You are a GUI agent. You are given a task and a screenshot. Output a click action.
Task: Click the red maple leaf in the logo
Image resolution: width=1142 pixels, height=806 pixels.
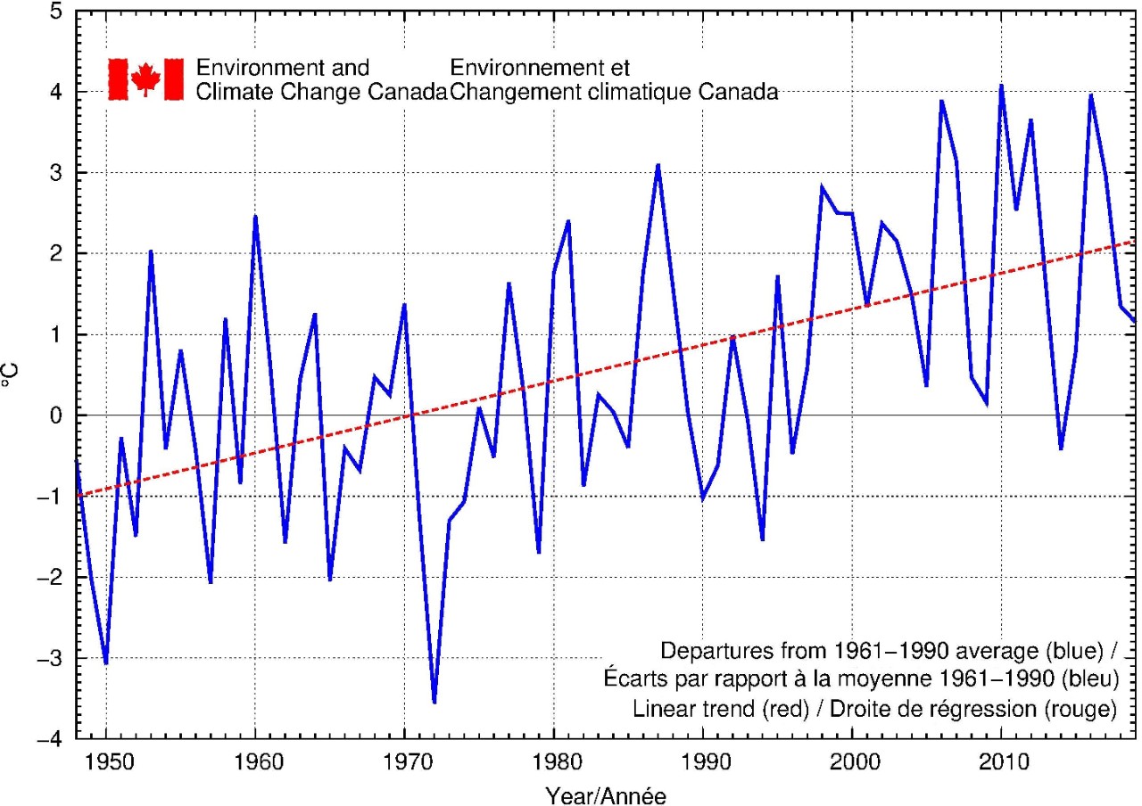(x=145, y=79)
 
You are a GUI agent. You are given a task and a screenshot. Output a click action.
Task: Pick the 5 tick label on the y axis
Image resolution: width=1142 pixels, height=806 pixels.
(x=56, y=12)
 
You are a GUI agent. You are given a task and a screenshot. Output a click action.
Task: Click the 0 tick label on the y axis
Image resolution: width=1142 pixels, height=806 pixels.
(x=56, y=415)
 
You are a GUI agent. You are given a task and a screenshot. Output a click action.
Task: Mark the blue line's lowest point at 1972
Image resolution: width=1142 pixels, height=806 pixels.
(x=434, y=703)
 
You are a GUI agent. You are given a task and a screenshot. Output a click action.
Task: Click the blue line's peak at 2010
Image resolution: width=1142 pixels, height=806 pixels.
(x=1001, y=86)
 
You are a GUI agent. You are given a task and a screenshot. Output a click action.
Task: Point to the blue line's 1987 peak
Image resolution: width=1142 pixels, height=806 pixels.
(x=658, y=165)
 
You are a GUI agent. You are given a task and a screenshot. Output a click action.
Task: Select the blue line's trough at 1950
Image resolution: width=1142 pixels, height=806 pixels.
(x=106, y=663)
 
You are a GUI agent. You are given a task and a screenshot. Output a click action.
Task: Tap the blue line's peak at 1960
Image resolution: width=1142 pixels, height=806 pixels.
(x=255, y=216)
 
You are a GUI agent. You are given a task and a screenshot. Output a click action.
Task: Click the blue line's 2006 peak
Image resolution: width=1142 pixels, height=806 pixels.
(x=941, y=101)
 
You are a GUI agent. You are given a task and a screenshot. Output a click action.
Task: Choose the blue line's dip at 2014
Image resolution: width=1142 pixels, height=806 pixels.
(x=1061, y=448)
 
